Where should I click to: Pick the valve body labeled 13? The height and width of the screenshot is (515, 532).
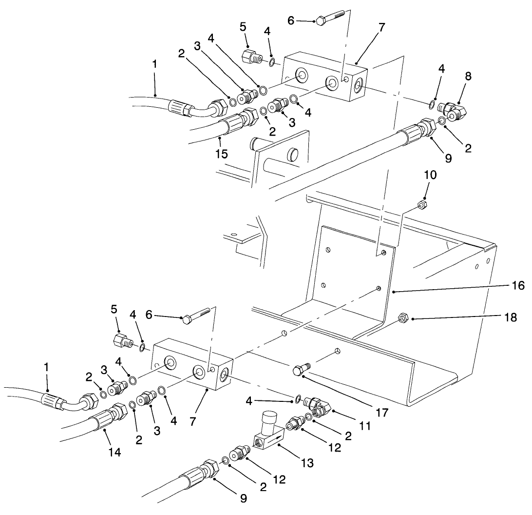pos(268,433)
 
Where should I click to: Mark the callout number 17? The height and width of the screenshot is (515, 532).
pos(382,413)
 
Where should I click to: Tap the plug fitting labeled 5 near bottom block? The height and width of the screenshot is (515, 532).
pos(122,339)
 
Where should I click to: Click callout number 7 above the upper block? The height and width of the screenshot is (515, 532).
pos(381,28)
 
